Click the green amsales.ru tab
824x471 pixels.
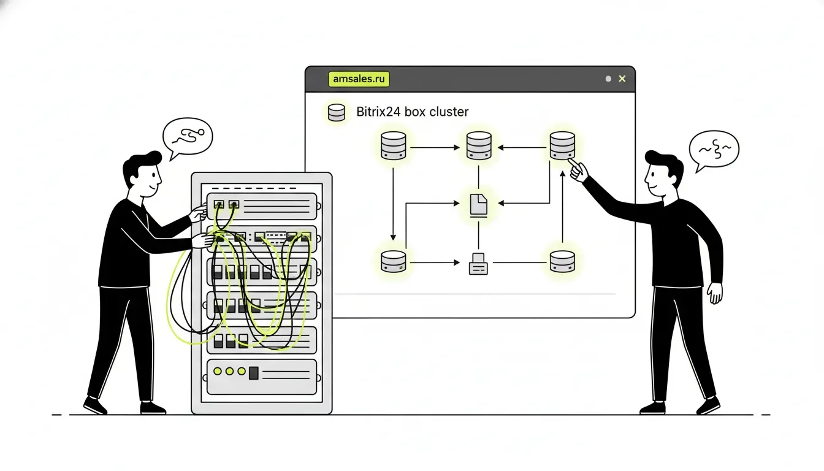click(359, 79)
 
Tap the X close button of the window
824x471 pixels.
click(622, 78)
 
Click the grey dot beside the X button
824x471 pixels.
click(608, 78)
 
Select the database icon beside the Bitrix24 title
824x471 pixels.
click(337, 112)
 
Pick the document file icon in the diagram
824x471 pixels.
click(479, 204)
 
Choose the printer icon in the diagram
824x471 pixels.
click(478, 264)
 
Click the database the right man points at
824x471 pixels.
click(562, 146)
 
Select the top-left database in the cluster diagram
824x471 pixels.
click(394, 146)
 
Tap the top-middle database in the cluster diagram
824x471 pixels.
click(479, 146)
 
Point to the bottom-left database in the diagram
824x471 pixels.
click(394, 262)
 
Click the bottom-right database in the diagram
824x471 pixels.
click(562, 262)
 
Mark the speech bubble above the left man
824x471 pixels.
click(188, 137)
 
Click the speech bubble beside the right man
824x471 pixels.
click(714, 150)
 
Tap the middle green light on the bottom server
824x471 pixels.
click(229, 371)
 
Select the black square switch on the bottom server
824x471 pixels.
click(253, 373)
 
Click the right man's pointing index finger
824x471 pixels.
click(573, 163)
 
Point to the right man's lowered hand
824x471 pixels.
click(714, 293)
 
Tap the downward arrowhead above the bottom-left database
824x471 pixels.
click(393, 237)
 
